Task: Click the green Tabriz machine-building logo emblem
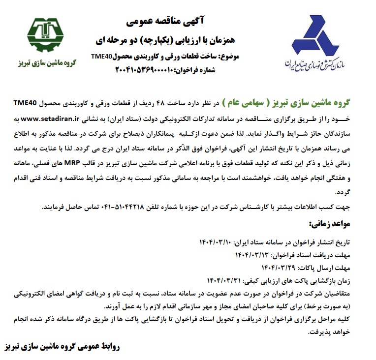[x=45, y=36]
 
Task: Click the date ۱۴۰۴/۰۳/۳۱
[x=217, y=281]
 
